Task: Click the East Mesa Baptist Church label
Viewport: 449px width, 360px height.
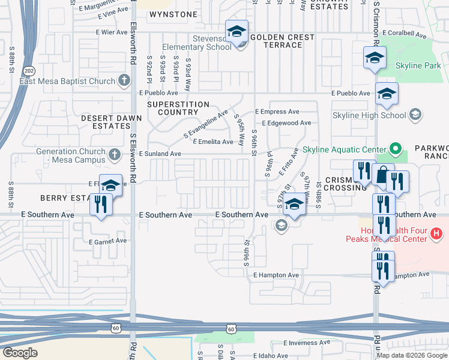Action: tap(67, 81)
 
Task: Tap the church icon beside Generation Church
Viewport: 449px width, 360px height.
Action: tap(115, 156)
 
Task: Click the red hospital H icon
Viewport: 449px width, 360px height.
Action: tap(437, 233)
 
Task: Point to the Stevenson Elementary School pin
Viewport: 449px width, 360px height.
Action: tap(237, 31)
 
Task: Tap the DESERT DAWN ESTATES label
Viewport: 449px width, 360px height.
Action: tap(106, 122)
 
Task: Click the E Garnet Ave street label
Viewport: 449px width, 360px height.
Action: tap(108, 241)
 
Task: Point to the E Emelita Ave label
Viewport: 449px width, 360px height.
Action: tap(212, 142)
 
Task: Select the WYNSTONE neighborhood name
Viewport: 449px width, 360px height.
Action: tap(173, 14)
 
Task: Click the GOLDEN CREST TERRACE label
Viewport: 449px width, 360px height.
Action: tap(282, 41)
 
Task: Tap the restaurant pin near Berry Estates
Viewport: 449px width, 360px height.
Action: tap(100, 205)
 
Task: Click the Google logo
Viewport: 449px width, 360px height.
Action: tap(20, 353)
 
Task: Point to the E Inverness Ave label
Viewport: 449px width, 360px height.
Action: tap(307, 343)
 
